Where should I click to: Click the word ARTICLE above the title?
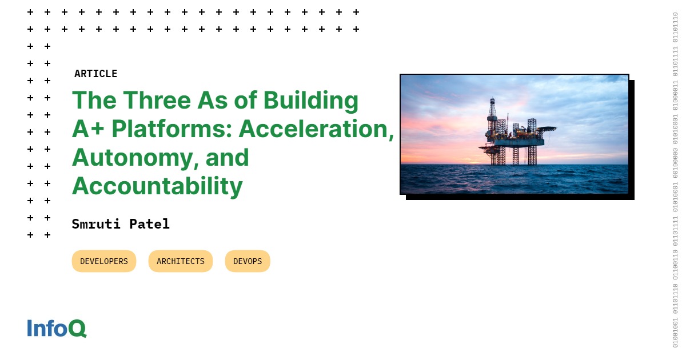pyautogui.click(x=95, y=74)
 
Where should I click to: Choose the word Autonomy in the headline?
pyautogui.click(x=131, y=158)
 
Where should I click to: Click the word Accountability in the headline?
pyautogui.click(x=157, y=186)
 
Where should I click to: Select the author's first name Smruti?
pyautogui.click(x=95, y=224)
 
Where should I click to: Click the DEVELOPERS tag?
pyautogui.click(x=104, y=261)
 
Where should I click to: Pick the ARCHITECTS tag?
pyautogui.click(x=181, y=261)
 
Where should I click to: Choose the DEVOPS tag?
pyautogui.click(x=248, y=261)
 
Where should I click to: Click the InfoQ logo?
pyautogui.click(x=57, y=328)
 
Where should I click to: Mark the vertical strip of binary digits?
pyautogui.click(x=675, y=180)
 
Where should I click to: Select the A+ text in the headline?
pyautogui.click(x=89, y=129)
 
